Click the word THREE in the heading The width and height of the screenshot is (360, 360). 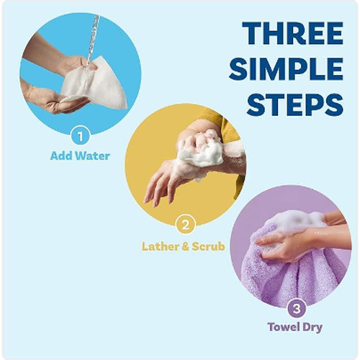pos(292,33)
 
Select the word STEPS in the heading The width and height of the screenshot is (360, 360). pos(295,104)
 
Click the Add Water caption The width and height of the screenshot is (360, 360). pos(80,156)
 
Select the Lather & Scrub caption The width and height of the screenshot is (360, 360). pos(182,246)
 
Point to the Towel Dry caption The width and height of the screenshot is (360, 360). pos(294,328)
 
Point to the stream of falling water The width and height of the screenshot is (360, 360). pos(91,36)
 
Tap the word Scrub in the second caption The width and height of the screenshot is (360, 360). pos(207,246)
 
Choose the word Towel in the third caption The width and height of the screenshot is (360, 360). pos(284,328)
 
